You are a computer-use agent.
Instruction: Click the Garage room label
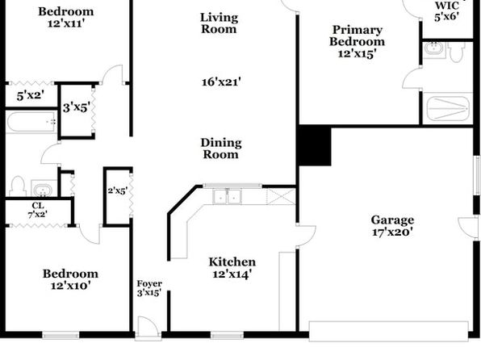click(x=392, y=220)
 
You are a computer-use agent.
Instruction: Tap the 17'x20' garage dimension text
click(x=392, y=232)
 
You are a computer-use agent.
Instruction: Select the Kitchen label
click(x=232, y=262)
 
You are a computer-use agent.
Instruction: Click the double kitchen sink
click(x=228, y=196)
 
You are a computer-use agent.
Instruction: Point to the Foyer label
click(x=149, y=283)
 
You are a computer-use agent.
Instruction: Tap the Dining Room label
click(x=221, y=149)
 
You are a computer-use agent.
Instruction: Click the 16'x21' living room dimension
click(x=221, y=82)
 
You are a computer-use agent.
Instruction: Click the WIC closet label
click(x=447, y=6)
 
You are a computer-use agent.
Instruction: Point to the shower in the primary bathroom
click(x=448, y=108)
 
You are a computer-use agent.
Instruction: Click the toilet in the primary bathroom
click(x=456, y=52)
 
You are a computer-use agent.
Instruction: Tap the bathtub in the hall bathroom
click(x=31, y=122)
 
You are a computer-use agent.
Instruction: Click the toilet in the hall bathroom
click(x=18, y=186)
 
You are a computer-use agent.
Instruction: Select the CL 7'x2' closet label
click(x=38, y=210)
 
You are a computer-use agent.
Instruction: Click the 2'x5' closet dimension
click(x=118, y=190)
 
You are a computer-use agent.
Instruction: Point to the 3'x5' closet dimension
click(x=77, y=107)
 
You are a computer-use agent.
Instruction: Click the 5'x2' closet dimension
click(x=31, y=95)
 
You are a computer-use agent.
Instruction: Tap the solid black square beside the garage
click(x=314, y=145)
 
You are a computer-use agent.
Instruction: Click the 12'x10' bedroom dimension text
click(x=70, y=286)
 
